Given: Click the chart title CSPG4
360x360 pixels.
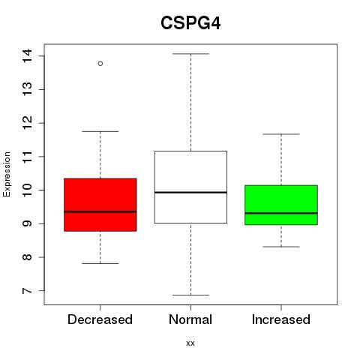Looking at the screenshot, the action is (x=190, y=23).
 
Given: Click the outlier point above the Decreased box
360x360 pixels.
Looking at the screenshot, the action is (x=100, y=64).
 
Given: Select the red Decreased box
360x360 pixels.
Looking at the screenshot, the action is (x=100, y=205).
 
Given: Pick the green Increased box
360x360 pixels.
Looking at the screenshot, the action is (x=281, y=205).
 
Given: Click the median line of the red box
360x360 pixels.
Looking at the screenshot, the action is (x=100, y=211).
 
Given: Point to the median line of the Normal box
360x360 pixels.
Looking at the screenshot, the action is (x=190, y=192).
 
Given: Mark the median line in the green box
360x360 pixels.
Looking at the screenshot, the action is (x=281, y=213).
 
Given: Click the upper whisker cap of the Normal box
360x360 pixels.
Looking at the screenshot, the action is (x=190, y=54).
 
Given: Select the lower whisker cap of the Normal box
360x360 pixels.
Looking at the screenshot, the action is (x=190, y=295).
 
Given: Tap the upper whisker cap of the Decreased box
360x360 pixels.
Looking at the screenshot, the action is (x=100, y=131).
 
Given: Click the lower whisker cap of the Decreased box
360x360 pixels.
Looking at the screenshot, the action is (x=100, y=263).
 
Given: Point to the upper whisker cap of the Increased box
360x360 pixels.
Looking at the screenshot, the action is (x=281, y=134).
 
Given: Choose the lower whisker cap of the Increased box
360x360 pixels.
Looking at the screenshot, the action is (x=281, y=247).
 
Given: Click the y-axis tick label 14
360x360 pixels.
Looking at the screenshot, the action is (x=27, y=55).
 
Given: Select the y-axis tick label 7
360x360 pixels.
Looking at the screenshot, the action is (x=27, y=291).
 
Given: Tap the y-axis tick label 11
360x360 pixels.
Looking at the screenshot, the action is (x=27, y=157).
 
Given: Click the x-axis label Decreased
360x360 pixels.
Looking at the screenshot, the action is (x=100, y=319).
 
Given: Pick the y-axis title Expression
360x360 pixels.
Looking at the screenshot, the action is (x=7, y=174).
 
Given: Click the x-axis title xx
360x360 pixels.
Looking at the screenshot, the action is (x=190, y=343).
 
